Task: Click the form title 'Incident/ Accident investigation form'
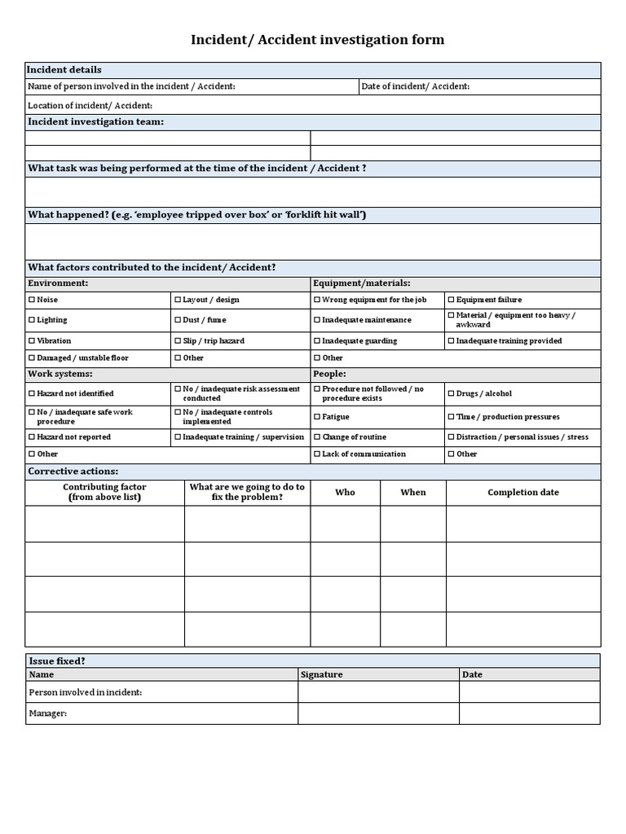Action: click(317, 40)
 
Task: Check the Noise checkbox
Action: click(32, 300)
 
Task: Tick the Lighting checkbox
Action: click(32, 320)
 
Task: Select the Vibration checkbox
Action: click(32, 341)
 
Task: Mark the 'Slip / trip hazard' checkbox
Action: click(178, 341)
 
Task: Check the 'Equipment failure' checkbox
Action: click(451, 300)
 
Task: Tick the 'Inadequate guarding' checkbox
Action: click(317, 341)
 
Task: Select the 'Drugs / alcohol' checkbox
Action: click(451, 393)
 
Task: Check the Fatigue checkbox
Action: click(317, 417)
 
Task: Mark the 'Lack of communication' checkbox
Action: click(317, 454)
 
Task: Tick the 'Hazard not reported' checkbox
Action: click(32, 437)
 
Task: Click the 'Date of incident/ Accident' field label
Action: click(415, 87)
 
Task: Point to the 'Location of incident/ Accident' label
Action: click(90, 106)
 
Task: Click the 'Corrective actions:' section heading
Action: click(73, 472)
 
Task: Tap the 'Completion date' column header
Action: click(523, 493)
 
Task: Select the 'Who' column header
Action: click(345, 493)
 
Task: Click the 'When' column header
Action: click(413, 493)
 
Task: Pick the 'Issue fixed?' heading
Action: click(56, 661)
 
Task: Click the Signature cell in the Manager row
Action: click(378, 713)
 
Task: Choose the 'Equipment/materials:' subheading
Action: click(361, 283)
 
